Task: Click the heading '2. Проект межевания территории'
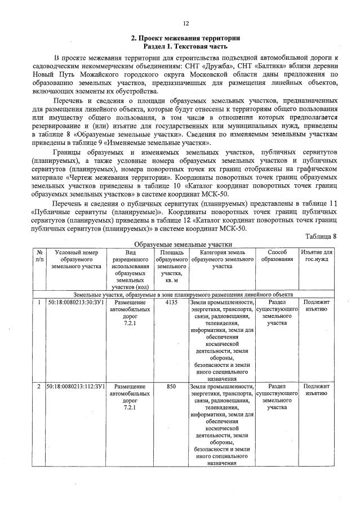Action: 185,38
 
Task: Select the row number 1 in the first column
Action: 39,303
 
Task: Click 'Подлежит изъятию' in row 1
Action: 317,306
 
